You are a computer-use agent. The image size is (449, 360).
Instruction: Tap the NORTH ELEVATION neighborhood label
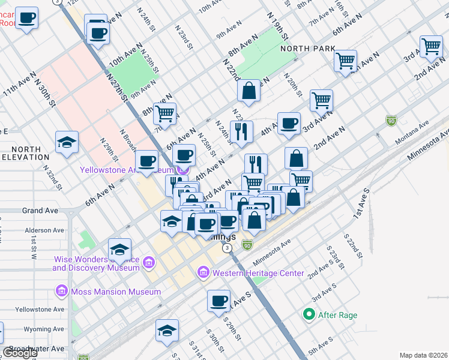(x=25, y=153)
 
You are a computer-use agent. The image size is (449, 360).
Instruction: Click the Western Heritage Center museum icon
(x=203, y=274)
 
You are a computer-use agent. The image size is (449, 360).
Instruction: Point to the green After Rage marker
(x=309, y=314)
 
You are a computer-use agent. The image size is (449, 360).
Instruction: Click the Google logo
(x=19, y=353)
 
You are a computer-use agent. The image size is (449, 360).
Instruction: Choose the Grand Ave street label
(x=40, y=211)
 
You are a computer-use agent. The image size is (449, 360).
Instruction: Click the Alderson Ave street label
(x=44, y=230)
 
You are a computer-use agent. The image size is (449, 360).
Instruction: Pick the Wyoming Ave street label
(x=43, y=329)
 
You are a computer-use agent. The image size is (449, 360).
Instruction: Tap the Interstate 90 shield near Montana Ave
(x=391, y=121)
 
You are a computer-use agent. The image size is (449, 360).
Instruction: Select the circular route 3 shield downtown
(x=226, y=247)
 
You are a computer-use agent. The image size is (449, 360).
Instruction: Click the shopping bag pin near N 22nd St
(x=249, y=91)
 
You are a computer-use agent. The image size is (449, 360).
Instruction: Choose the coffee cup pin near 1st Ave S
(x=219, y=301)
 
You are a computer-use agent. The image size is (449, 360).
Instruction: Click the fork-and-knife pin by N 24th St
(x=241, y=132)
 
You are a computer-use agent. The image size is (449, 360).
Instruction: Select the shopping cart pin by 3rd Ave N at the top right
(x=431, y=46)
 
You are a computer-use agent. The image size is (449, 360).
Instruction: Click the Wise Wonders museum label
(x=96, y=263)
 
